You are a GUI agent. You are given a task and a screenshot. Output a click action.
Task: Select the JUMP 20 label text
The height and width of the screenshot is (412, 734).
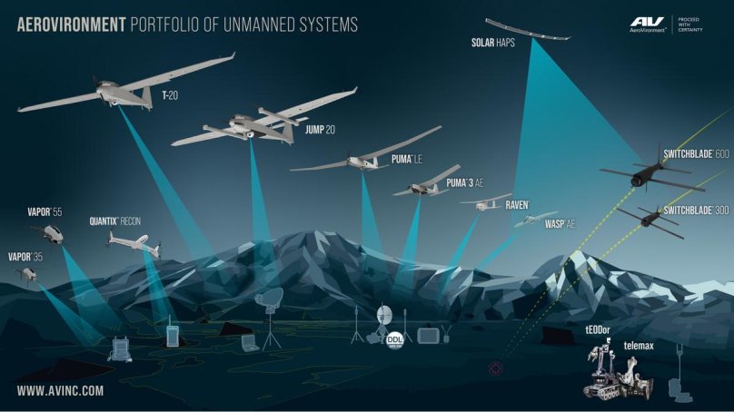318,131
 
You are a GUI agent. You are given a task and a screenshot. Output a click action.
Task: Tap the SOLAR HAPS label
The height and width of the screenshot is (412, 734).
494,43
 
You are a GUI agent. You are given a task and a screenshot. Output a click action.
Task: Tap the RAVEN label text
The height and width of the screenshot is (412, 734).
517,205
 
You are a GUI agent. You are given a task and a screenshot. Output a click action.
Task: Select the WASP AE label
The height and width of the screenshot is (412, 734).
561,223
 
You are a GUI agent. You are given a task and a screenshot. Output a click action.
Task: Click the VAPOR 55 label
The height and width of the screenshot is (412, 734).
45,212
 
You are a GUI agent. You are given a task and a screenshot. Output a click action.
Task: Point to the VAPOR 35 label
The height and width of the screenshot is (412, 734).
25,257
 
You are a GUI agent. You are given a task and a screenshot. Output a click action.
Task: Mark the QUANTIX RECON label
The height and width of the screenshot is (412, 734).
115,221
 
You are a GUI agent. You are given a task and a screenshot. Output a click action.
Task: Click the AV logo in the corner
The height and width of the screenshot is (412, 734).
648,24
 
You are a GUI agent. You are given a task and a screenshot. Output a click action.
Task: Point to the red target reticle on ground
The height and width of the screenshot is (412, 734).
496,369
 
